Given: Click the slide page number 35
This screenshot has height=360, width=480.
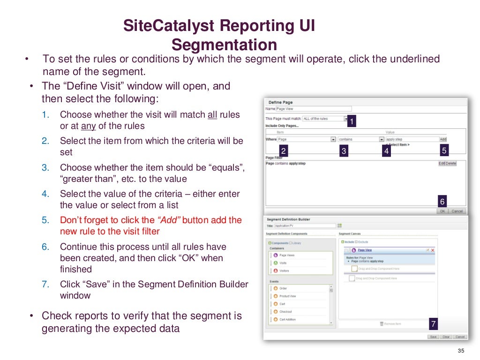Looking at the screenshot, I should point(460,352).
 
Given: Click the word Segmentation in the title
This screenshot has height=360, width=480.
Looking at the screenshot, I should point(224,45).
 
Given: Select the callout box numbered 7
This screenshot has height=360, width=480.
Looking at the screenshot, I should point(433,324).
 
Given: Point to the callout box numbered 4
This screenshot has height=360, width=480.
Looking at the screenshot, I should point(386,151).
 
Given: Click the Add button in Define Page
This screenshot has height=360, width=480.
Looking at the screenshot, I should point(443,139).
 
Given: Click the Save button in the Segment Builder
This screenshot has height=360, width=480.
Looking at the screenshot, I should point(434,337).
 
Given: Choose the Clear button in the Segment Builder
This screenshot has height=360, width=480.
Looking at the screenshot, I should point(446,337).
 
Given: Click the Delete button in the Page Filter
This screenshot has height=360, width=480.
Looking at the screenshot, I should point(451,163).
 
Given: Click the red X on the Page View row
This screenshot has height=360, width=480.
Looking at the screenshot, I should point(432,250).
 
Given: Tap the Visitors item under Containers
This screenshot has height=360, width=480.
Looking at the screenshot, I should point(284,270).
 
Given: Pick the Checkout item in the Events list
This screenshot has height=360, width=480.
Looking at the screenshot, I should point(285,312).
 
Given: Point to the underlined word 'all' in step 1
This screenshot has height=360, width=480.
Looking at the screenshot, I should point(212,114).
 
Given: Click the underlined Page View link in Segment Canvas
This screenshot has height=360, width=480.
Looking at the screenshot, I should point(365,250).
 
